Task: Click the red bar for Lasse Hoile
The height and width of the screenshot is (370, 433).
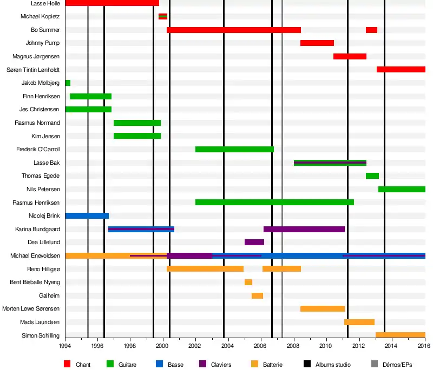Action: [112, 3]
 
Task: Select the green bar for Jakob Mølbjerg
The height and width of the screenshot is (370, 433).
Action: [68, 83]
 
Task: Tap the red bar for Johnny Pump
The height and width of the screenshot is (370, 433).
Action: [317, 43]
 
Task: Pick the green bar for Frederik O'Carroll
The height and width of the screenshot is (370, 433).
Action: [234, 150]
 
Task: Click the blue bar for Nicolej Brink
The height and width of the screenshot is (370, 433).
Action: [87, 216]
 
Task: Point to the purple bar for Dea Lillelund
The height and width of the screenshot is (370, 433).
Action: [254, 243]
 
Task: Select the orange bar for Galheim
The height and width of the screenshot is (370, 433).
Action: [257, 296]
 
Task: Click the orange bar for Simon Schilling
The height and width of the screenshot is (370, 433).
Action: [401, 335]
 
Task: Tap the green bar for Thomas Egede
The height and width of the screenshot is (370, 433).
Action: [372, 176]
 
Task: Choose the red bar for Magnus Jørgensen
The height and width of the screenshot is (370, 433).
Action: [350, 57]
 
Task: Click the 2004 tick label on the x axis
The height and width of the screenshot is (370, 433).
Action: [227, 346]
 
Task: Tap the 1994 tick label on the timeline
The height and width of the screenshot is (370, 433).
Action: [65, 346]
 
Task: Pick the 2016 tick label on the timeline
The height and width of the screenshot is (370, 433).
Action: [424, 346]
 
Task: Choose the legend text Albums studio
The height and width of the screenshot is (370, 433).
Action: [333, 365]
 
